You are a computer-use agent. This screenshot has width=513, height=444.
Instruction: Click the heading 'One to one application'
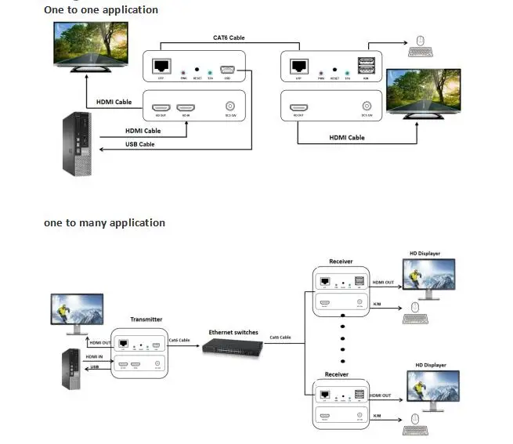coord(101,10)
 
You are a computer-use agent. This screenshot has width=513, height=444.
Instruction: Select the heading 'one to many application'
coord(104,222)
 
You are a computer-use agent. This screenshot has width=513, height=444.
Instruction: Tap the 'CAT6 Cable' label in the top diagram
coord(229,38)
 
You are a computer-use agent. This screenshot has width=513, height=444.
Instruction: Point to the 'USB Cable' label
coord(140,144)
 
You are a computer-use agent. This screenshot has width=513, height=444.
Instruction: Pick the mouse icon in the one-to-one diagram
coord(420,41)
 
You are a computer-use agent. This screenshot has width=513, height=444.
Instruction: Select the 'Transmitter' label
coord(147,319)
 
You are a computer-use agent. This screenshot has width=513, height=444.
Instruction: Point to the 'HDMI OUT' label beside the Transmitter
coord(100,342)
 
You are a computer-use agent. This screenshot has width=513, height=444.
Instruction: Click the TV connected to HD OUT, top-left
coord(92,48)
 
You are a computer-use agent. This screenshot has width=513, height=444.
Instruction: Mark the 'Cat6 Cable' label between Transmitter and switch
coord(179,340)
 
